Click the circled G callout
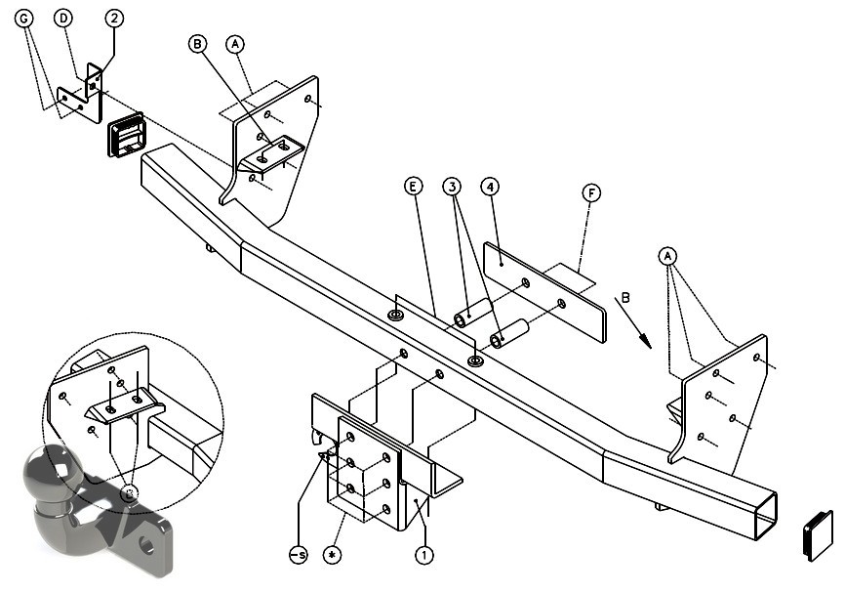point(23,19)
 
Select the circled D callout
point(63,19)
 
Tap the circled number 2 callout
point(114,19)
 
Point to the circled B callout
point(198,44)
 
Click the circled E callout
point(414,187)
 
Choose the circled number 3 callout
point(452,187)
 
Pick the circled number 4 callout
point(490,187)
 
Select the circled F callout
point(591,193)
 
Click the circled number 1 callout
point(424,555)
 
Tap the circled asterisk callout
point(332,555)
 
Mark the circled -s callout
point(299,555)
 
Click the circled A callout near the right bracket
point(667,256)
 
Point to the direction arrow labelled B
point(633,322)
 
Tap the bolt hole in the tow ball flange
point(146,545)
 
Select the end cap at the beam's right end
point(818,534)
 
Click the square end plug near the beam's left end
point(127,135)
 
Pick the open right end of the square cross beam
point(765,515)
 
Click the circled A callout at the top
point(235,44)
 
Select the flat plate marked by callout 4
point(544,292)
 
